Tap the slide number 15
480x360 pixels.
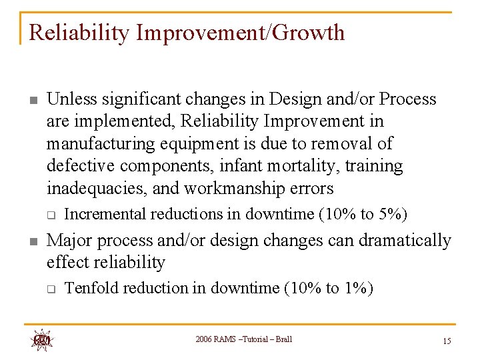[x=446, y=341]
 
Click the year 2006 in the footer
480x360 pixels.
[x=204, y=340]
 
